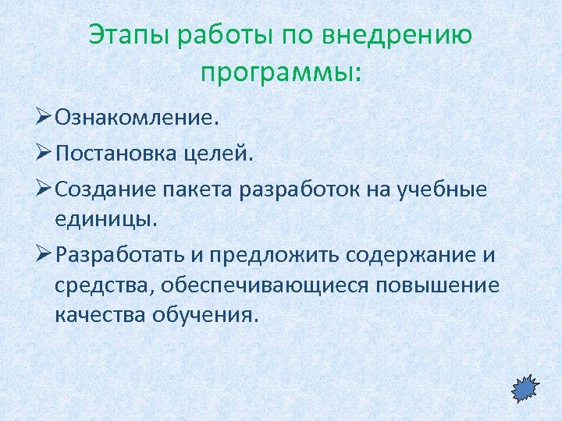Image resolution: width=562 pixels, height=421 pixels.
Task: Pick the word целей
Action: (x=227, y=154)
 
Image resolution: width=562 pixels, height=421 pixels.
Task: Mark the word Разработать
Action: (x=123, y=255)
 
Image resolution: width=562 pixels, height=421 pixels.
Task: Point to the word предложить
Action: (x=282, y=255)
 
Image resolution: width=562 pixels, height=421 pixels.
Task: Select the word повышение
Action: (x=437, y=285)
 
